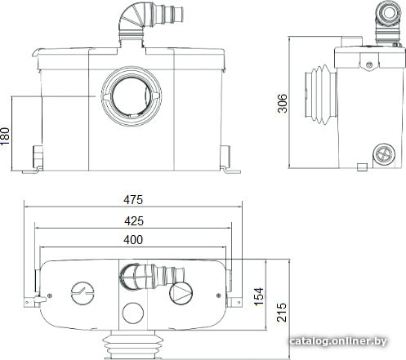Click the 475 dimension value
coord(133,200)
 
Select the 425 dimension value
coord(134,221)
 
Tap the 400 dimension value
coord(133,240)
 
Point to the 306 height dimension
coord(283,103)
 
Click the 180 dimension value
coord(5,136)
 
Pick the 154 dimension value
coord(259,296)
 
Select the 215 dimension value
coord(282,312)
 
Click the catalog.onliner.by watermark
coord(338,341)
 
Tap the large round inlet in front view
coord(132,96)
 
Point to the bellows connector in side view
coord(321,95)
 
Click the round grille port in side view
coord(384,154)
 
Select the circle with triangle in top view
coord(181,293)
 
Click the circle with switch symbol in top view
coord(83,293)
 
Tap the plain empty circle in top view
coord(133,313)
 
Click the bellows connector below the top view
coord(133,345)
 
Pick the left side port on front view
coord(38,156)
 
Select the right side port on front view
coord(225,156)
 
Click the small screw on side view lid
coord(369,64)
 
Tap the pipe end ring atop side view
coord(389,12)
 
